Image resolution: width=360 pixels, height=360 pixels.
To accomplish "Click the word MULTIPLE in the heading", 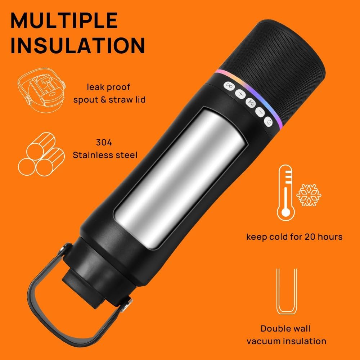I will pos(64,21).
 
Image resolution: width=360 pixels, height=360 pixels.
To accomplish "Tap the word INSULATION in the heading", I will pos(77,46).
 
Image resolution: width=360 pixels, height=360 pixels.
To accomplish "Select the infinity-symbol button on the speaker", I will pos(229,86).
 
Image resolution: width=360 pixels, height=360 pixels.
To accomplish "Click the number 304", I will pos(104,143).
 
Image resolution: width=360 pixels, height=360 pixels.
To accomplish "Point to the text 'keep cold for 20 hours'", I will pos(294,237).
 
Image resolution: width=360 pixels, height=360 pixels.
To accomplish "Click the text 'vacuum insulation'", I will pos(286,341).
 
